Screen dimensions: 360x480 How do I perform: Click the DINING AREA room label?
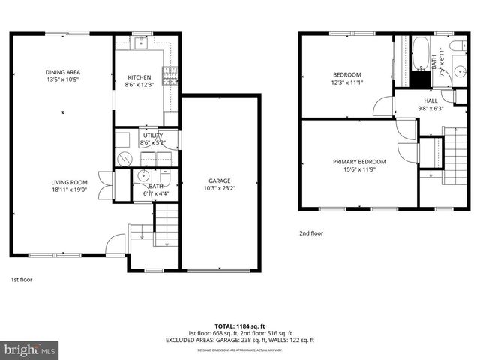(x=62, y=72)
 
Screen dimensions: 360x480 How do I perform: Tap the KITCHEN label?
(x=139, y=77)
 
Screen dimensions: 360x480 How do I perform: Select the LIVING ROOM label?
(x=69, y=182)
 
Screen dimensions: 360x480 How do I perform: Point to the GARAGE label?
(x=220, y=181)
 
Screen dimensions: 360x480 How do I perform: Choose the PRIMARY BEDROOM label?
(x=359, y=162)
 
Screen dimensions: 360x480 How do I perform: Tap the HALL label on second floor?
(x=430, y=100)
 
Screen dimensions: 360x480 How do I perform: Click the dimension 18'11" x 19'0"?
(x=69, y=190)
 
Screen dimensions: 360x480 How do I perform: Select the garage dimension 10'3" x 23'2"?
(x=220, y=188)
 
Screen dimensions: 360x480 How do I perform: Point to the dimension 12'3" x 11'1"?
(x=347, y=82)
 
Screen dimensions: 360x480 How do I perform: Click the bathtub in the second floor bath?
(x=421, y=54)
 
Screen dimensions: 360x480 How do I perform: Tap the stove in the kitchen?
(x=170, y=73)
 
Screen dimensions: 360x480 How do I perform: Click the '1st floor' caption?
(x=21, y=279)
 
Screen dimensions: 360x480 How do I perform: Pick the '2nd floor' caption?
(x=310, y=233)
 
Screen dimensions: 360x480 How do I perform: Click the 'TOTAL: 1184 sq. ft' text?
(x=239, y=325)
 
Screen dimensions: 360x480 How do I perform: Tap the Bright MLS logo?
(x=30, y=349)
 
